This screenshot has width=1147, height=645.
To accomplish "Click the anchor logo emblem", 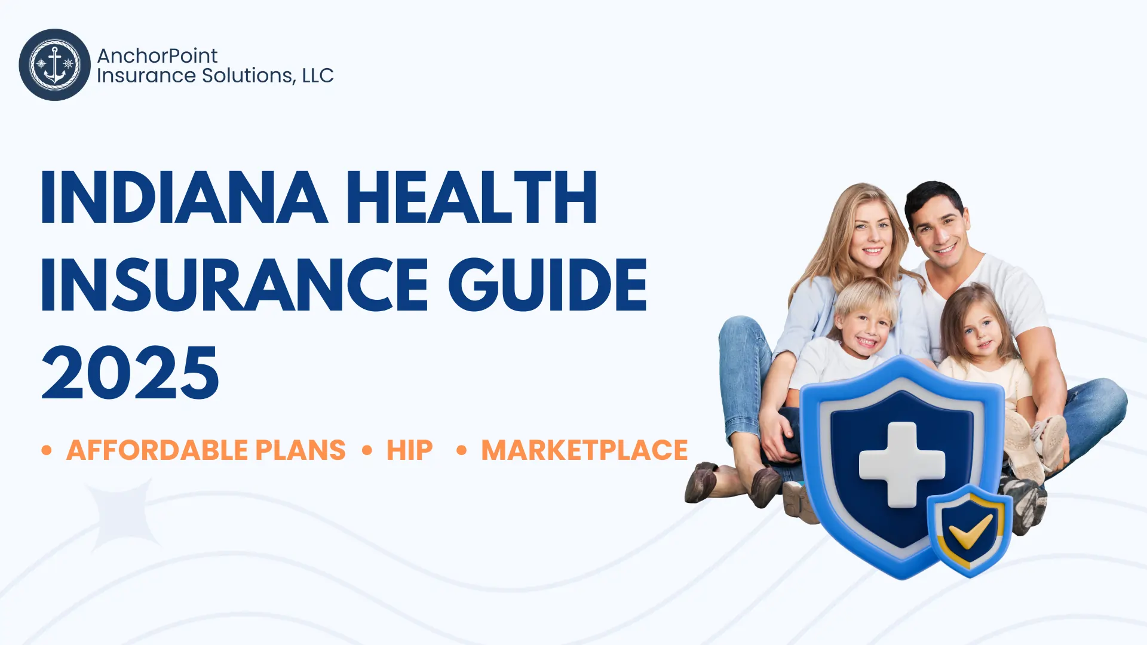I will pyautogui.click(x=54, y=64).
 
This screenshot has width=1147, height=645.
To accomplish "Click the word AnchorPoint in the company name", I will pyautogui.click(x=157, y=56).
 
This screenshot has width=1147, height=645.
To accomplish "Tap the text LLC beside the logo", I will pyautogui.click(x=317, y=76).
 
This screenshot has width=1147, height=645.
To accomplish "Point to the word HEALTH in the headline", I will pyautogui.click(x=471, y=198).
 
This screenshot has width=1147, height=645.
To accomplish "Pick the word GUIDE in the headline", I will pyautogui.click(x=547, y=285).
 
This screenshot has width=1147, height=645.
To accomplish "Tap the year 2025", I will pyautogui.click(x=130, y=373).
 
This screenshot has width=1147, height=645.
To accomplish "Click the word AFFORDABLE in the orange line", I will pyautogui.click(x=156, y=450).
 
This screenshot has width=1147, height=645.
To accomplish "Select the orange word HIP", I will pyautogui.click(x=409, y=450).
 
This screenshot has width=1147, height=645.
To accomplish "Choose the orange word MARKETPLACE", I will pyautogui.click(x=584, y=450).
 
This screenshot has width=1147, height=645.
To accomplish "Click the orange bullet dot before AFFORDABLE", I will pyautogui.click(x=47, y=450).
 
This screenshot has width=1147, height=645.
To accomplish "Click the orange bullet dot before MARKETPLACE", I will pyautogui.click(x=461, y=450).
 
